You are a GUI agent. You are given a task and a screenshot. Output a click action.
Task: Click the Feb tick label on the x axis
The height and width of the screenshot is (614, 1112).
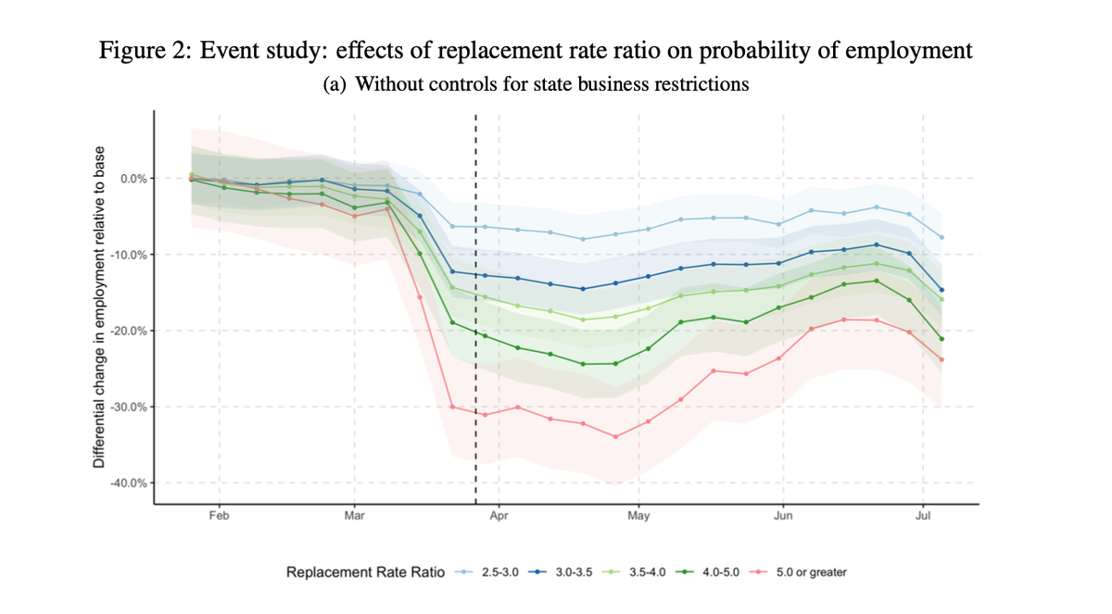[x=219, y=517]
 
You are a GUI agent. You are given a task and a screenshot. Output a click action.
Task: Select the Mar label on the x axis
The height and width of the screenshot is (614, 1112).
[x=354, y=517]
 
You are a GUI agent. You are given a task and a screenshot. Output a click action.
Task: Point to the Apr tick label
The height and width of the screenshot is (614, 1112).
[x=499, y=517]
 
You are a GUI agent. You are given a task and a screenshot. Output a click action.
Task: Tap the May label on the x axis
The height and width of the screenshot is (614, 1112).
[x=638, y=517]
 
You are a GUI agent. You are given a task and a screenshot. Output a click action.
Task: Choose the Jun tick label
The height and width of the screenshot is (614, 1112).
[x=783, y=517]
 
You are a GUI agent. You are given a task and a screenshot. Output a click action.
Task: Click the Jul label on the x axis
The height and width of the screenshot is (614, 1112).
[x=923, y=517]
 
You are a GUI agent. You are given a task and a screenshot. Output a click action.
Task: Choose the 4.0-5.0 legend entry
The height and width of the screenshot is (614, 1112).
[x=720, y=572]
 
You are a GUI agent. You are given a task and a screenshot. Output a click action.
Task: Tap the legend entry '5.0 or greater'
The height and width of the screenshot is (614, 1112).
[x=811, y=572]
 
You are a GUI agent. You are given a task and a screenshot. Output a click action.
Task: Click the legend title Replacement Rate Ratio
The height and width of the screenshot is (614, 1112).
[x=366, y=572]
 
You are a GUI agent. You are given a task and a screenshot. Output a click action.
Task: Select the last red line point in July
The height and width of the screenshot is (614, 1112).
[x=941, y=359]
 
